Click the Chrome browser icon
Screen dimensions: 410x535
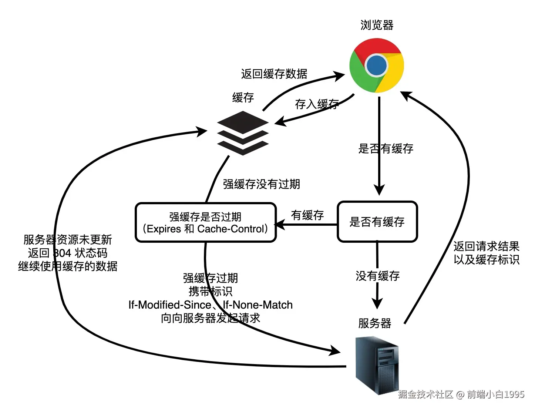[377, 65]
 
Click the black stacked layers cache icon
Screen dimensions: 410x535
[243, 133]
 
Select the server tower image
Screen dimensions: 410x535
[377, 365]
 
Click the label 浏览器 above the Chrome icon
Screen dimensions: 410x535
[377, 25]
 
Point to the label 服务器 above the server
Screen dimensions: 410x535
[374, 323]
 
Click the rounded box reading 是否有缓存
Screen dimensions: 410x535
[377, 222]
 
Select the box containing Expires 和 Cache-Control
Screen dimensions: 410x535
[206, 223]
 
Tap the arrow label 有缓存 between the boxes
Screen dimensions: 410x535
[307, 215]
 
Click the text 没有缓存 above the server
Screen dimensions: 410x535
[377, 276]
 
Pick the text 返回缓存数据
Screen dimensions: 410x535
[274, 74]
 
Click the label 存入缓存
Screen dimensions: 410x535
[317, 104]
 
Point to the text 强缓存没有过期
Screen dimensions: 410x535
[261, 184]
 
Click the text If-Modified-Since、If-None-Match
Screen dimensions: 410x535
[210, 305]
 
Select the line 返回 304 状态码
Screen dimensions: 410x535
[68, 253]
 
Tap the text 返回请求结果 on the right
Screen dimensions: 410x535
[486, 246]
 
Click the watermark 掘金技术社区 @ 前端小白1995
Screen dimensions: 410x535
[461, 394]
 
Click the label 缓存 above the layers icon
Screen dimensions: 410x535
[243, 97]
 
